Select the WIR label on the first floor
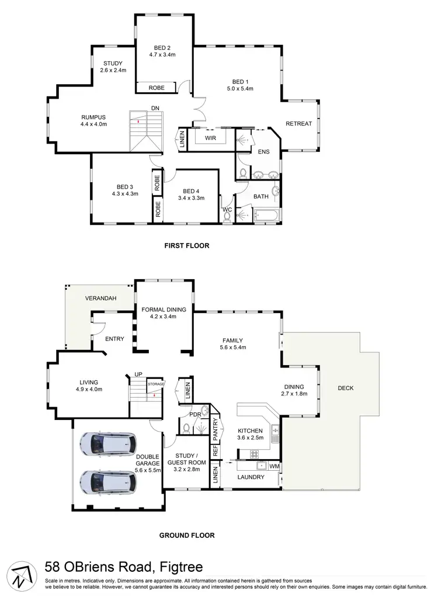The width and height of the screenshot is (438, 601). click(x=210, y=138)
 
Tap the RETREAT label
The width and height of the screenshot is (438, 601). click(x=299, y=123)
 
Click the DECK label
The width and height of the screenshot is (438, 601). click(x=345, y=388)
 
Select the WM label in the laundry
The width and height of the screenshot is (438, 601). click(x=273, y=466)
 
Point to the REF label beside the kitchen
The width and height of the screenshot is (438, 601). click(x=215, y=451)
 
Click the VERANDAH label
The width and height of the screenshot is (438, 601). click(x=100, y=298)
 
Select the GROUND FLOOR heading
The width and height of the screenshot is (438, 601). click(x=187, y=534)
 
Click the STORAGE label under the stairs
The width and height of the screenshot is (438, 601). click(x=155, y=384)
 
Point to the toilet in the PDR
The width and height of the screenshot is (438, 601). click(x=186, y=428)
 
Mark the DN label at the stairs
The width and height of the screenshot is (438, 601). click(x=154, y=108)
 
